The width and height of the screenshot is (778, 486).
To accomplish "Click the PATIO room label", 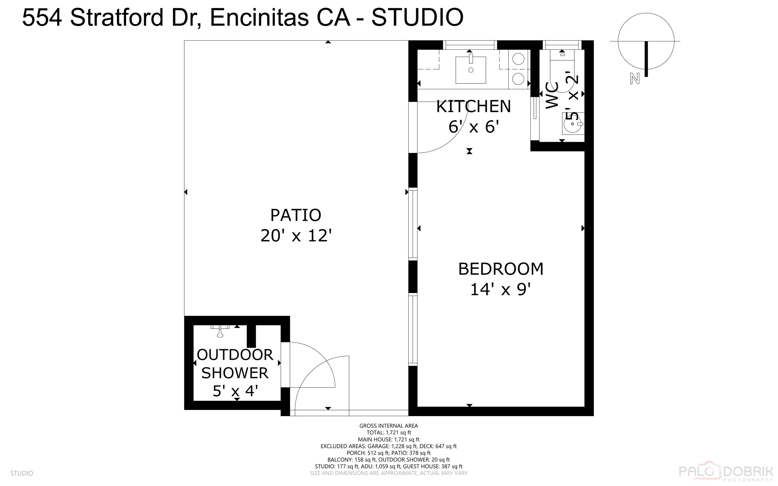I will pos(296,215).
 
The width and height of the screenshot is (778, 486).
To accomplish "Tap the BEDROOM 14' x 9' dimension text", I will pos(500,290).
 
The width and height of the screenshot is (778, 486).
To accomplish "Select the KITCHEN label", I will pos(473,106).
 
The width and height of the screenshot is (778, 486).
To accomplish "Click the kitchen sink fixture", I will pos(471,70).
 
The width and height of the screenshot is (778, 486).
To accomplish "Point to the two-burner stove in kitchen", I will pos(519,69).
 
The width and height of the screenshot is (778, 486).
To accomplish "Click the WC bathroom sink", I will pos(573,124).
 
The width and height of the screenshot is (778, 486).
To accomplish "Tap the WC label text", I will pos(552,95).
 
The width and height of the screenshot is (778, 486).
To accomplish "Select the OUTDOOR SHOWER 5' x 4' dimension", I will pos(235,391).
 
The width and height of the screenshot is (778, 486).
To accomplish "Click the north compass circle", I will pos(646,41).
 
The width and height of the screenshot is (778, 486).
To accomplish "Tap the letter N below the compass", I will pos(634,79).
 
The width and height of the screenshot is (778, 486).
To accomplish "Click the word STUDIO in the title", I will pos(417,17).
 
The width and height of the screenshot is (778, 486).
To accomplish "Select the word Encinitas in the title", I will pos(259,17).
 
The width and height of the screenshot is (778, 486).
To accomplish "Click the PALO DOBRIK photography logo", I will pos(726,472).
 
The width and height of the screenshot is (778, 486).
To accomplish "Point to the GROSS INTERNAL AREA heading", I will pos(388,426).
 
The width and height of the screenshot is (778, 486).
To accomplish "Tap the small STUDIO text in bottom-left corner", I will pos(22,473).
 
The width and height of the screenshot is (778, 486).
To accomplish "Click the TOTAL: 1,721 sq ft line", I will pos(388,432).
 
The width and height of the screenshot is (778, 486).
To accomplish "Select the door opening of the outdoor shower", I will pos(285,365).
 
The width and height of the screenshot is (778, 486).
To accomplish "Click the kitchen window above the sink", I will pos(470,45).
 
